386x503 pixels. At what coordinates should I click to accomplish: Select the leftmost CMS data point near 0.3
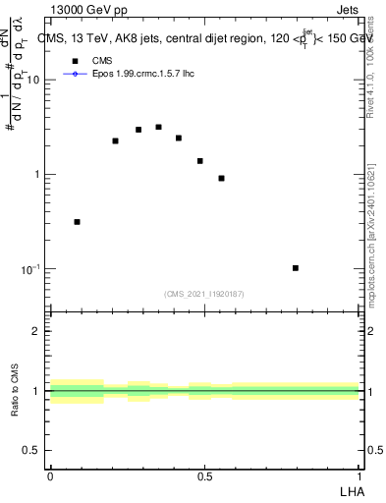78,222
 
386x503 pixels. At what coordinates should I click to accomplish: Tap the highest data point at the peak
158,127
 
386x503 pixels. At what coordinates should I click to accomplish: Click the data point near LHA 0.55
221,179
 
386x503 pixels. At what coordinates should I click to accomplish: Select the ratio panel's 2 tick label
35,331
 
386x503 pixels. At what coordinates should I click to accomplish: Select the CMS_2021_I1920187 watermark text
203,293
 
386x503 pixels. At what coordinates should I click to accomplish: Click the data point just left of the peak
138,130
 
